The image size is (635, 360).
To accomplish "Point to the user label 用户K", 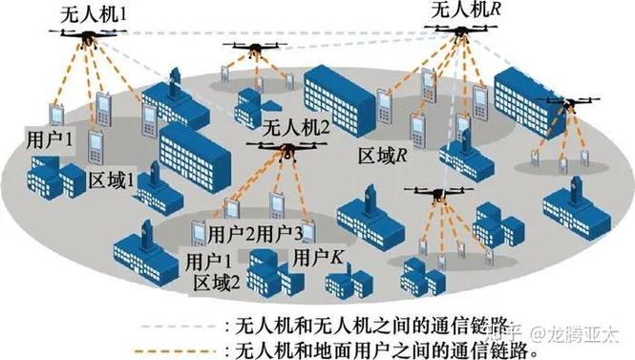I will [x=317, y=258].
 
